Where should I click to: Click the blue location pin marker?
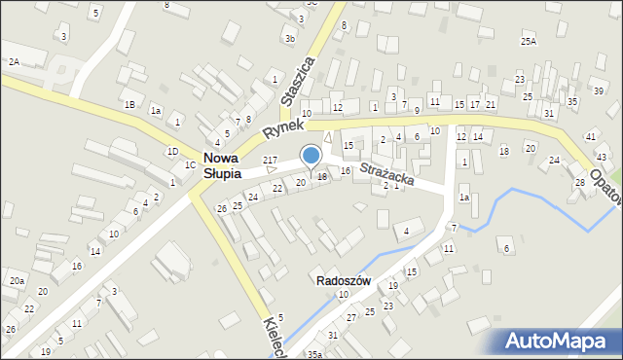(x=311, y=157)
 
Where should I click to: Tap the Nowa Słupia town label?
(x=230, y=166)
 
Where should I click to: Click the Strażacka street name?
(x=387, y=174)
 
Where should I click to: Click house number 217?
(x=271, y=160)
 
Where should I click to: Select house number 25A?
(x=529, y=42)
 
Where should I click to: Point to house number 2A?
(x=14, y=61)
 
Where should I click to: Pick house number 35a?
(x=314, y=354)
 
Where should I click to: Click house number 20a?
(x=17, y=280)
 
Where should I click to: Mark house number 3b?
(x=290, y=39)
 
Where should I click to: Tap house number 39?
(x=599, y=90)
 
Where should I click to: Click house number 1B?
(x=129, y=104)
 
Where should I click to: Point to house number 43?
(x=602, y=157)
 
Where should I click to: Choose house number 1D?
(x=172, y=151)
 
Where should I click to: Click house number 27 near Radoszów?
(x=352, y=317)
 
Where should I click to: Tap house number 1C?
(x=191, y=165)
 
